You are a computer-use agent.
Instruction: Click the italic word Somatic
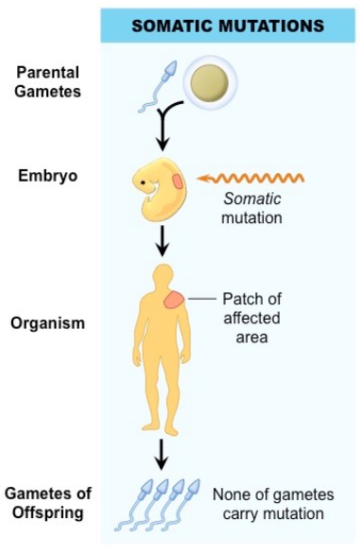(x=249, y=199)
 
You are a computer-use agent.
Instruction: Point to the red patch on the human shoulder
(x=176, y=300)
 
